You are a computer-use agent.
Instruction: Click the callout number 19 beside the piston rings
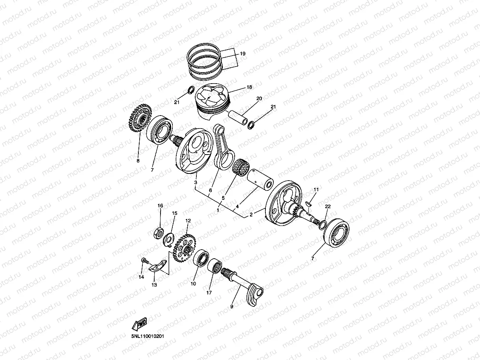click(243, 53)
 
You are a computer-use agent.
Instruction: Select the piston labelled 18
click(213, 101)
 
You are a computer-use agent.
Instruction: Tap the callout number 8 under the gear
click(138, 161)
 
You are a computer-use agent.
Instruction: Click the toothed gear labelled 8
click(140, 119)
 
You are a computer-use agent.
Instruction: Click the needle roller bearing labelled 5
click(241, 167)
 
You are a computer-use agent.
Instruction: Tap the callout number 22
click(328, 207)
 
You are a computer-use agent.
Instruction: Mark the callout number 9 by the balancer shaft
click(232, 306)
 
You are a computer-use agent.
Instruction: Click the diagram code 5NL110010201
click(148, 337)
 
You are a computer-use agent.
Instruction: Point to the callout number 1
click(218, 211)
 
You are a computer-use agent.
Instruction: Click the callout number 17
click(209, 293)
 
